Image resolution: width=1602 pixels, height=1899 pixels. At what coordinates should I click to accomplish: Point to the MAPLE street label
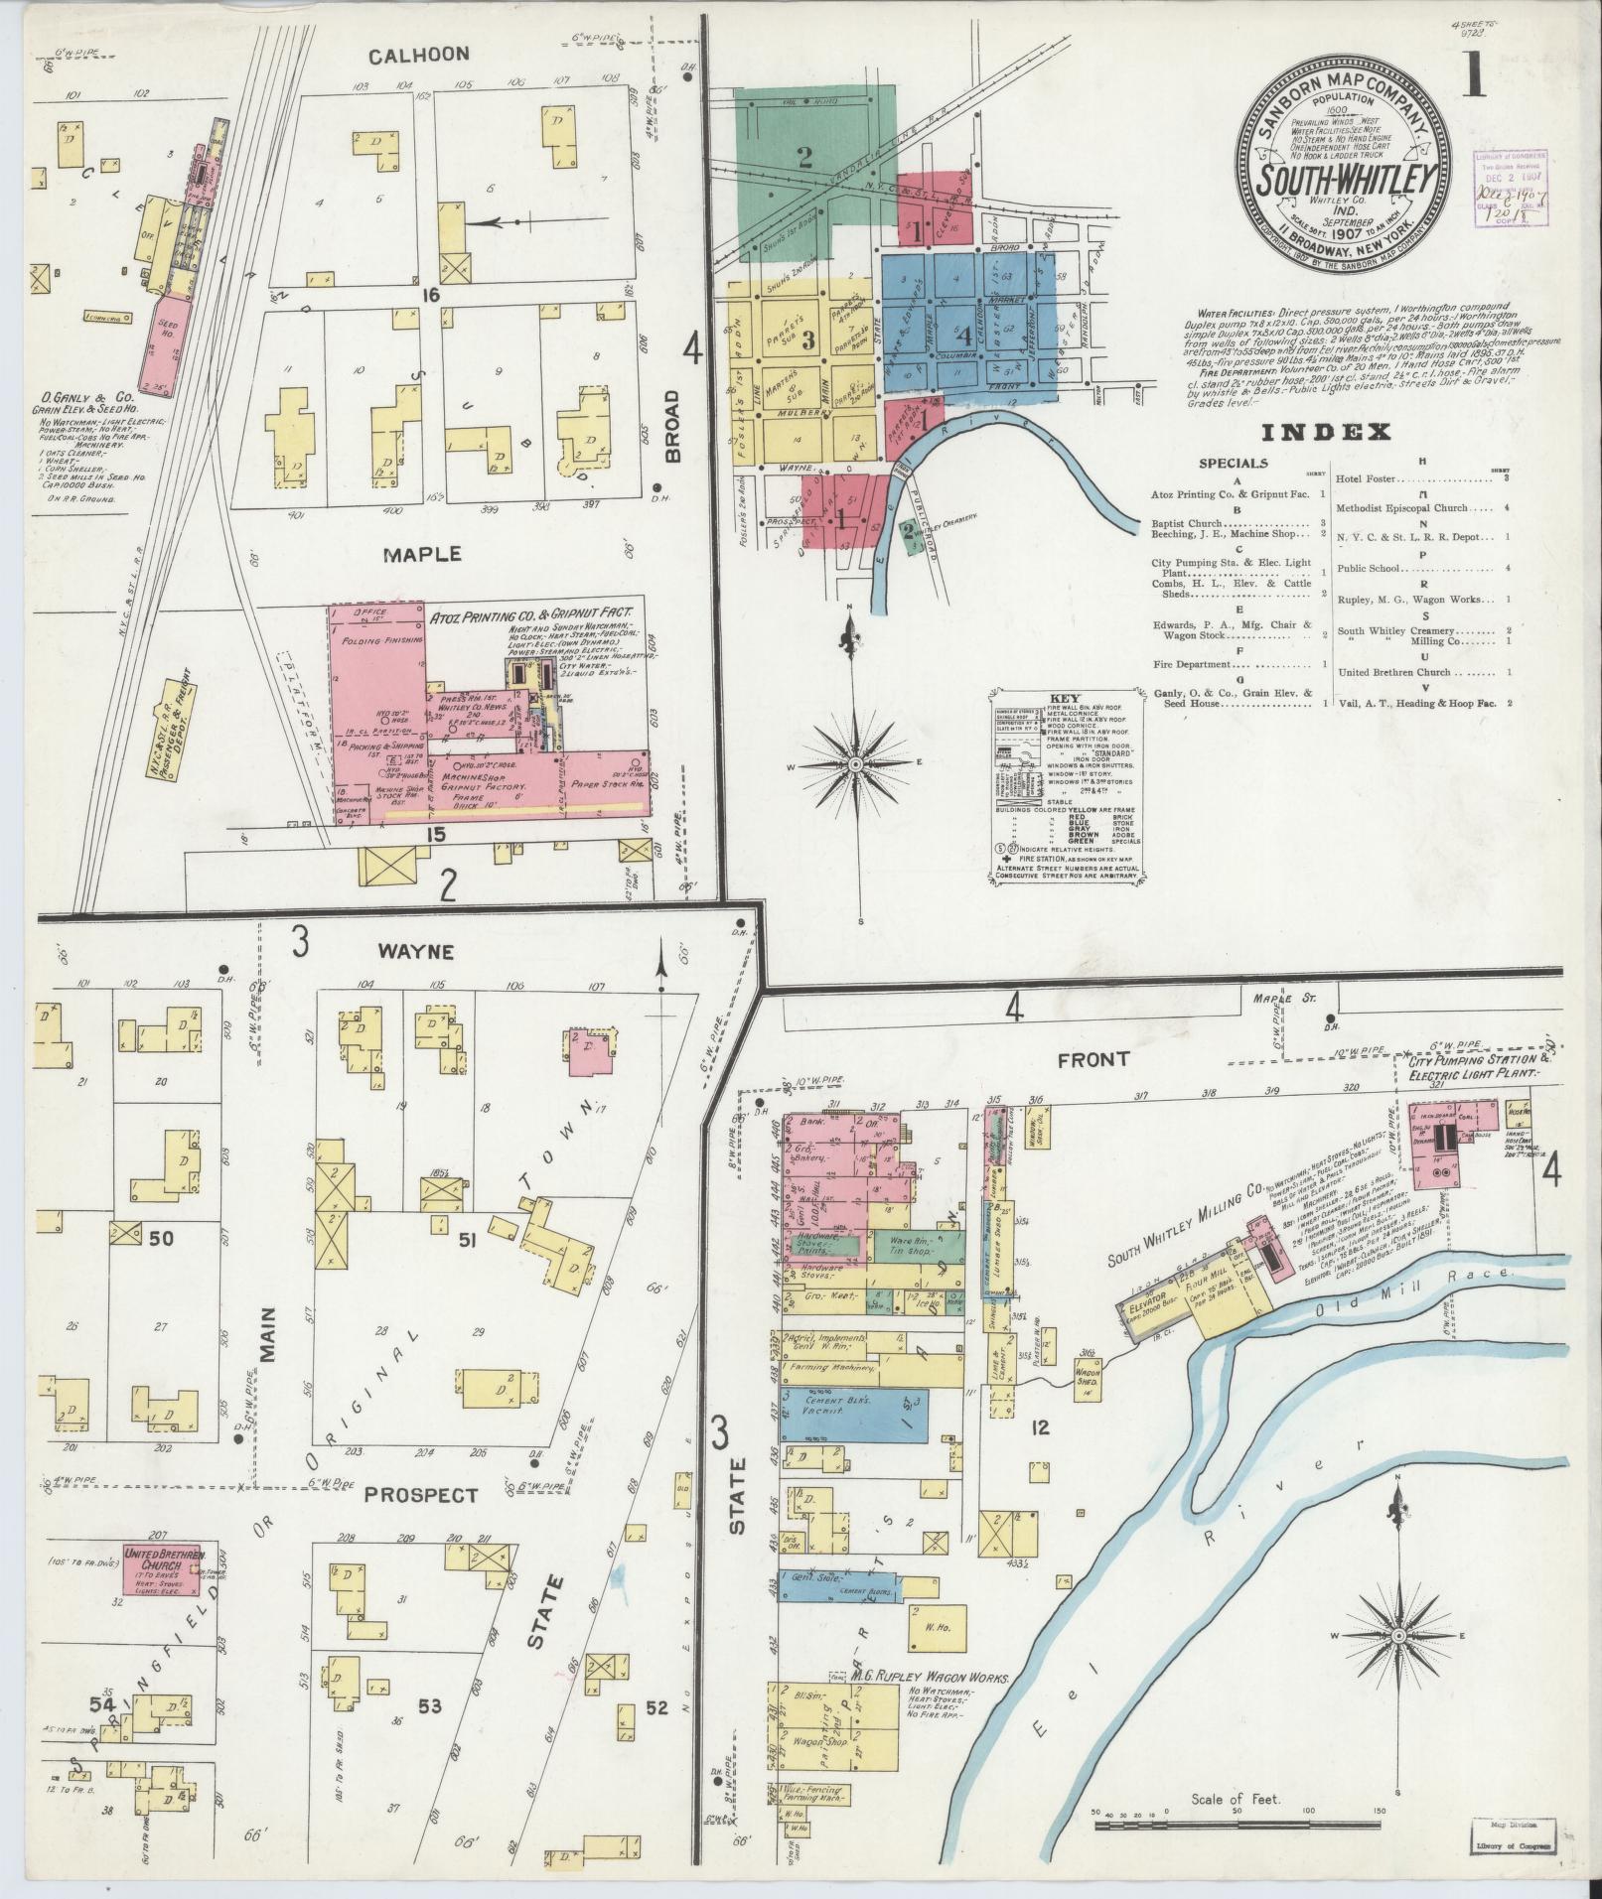click(424, 553)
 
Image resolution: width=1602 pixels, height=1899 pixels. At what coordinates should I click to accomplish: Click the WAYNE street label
click(416, 951)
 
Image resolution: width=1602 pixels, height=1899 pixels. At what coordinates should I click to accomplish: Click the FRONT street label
click(1093, 1059)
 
